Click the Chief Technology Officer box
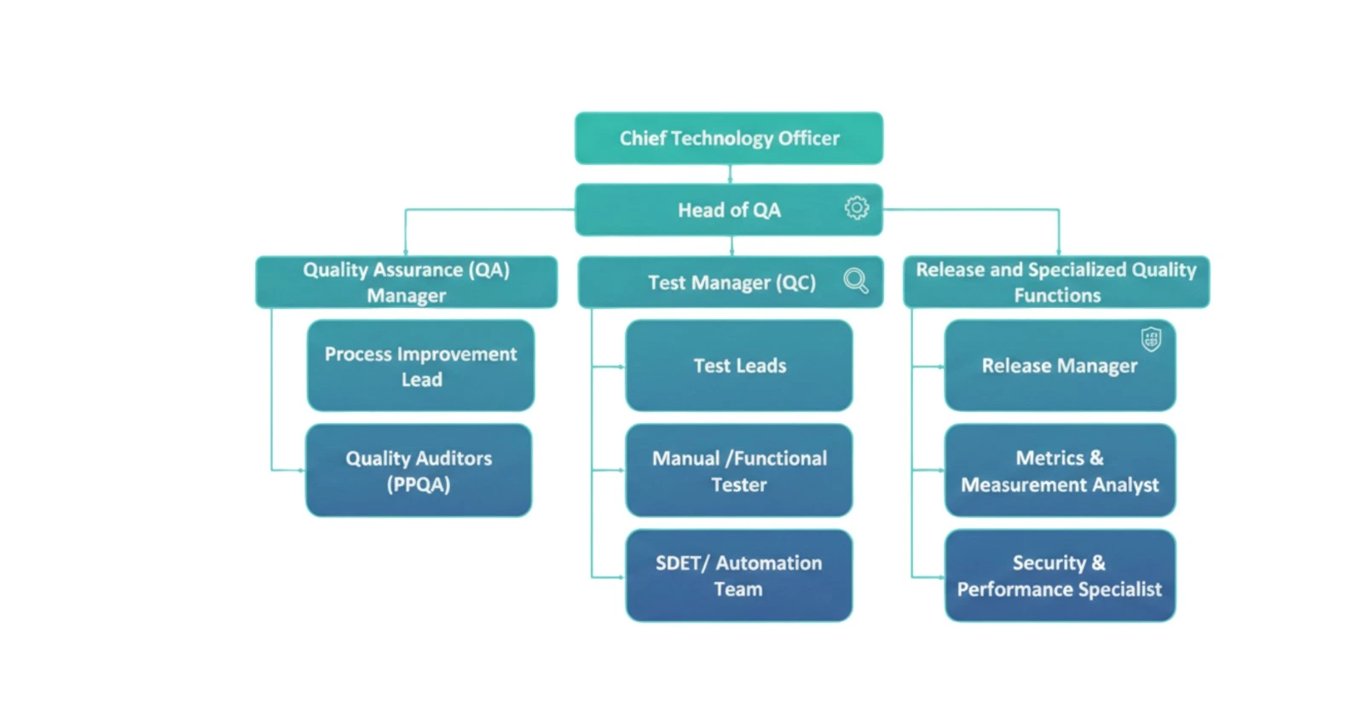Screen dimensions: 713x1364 [729, 138]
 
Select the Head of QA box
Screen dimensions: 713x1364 [729, 210]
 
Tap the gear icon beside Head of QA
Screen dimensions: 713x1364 [857, 207]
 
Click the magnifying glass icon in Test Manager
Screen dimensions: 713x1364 [856, 281]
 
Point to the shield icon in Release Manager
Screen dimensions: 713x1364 [1152, 339]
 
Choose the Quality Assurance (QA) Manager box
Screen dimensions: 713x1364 [407, 282]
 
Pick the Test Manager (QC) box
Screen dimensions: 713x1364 [731, 282]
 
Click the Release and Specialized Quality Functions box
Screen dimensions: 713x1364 [1056, 282]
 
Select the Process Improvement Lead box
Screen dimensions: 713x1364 [420, 366]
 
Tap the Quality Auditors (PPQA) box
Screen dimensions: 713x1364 [419, 471]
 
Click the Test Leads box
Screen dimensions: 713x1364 [739, 366]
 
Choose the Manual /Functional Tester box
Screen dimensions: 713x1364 [739, 471]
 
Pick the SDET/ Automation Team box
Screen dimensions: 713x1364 [739, 576]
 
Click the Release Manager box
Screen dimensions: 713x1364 [1060, 366]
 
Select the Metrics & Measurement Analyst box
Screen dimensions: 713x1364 [1060, 471]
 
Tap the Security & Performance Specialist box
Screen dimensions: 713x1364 [1060, 576]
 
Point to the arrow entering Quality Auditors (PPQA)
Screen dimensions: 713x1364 [299, 470]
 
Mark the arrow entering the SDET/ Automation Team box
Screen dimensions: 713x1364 [619, 577]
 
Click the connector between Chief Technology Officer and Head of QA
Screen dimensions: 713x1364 [730, 174]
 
